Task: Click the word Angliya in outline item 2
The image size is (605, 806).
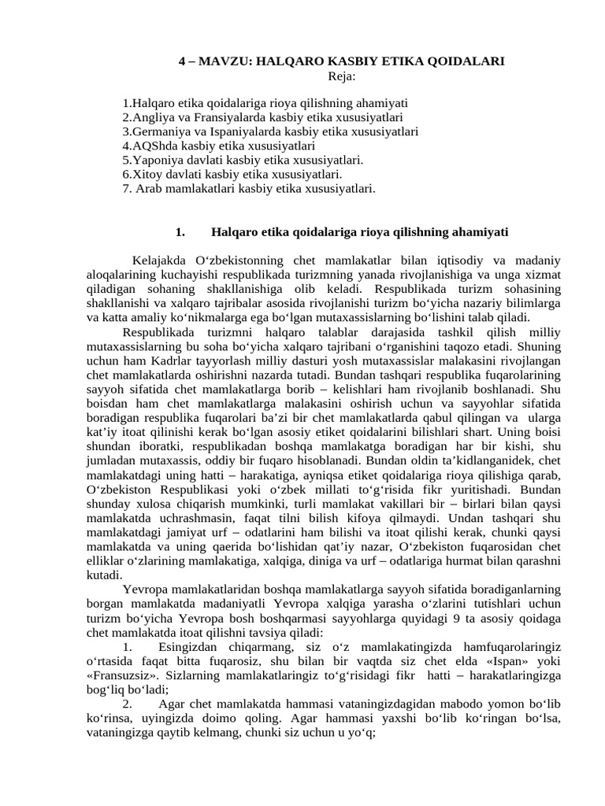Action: tap(151, 117)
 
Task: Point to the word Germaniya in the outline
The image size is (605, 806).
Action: tap(158, 131)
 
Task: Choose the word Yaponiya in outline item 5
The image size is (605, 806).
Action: tap(154, 160)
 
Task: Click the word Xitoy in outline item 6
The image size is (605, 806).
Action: tap(146, 174)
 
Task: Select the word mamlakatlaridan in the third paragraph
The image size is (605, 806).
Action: tap(213, 588)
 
